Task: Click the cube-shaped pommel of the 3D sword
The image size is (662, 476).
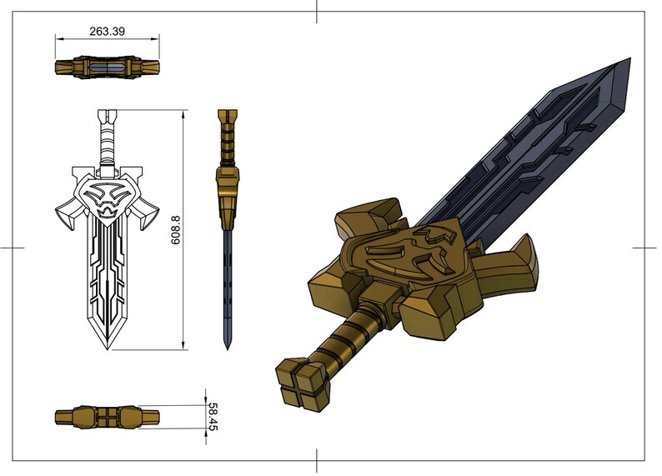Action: point(300,386)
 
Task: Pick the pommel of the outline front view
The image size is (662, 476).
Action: point(107,118)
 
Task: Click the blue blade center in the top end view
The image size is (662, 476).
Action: point(107,68)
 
